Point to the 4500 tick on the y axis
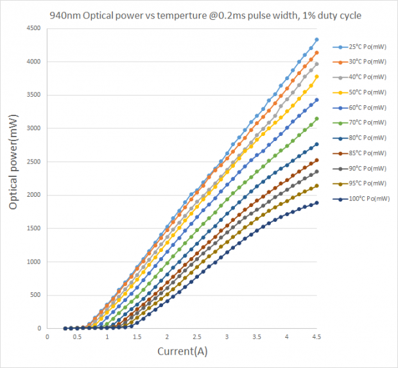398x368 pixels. point(33,28)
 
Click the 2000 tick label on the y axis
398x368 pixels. point(33,195)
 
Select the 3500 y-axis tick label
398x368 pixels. point(33,95)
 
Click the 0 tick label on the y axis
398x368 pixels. point(39,328)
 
